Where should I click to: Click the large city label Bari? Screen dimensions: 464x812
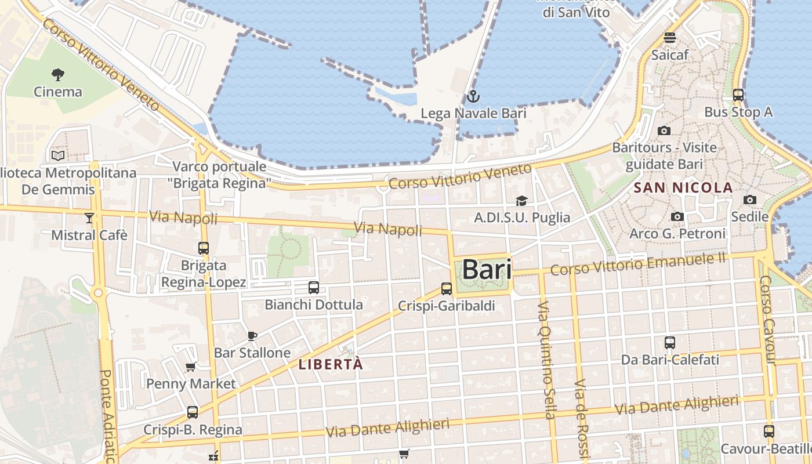[487, 270]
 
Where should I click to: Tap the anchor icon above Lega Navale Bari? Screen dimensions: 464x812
[473, 96]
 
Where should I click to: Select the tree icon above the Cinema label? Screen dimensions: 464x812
[57, 74]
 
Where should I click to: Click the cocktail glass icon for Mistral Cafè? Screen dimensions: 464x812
[89, 218]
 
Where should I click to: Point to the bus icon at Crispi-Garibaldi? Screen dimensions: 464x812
[446, 288]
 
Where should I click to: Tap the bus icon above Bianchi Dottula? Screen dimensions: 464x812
[313, 287]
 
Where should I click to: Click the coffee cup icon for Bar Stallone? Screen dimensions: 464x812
[252, 336]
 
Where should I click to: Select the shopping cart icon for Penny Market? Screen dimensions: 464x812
[190, 367]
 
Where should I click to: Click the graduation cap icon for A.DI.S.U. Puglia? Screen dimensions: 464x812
[521, 201]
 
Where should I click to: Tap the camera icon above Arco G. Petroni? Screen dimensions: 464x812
[677, 216]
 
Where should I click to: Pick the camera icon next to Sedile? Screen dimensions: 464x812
[749, 200]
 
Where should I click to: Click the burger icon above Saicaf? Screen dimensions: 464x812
[670, 38]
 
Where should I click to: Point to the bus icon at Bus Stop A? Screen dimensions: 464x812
[738, 95]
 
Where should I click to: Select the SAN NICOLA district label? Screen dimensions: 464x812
[684, 188]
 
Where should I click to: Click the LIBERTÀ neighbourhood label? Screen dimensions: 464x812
[331, 365]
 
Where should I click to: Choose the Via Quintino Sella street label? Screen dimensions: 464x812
[546, 360]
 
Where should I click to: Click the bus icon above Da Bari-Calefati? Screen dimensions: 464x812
[670, 342]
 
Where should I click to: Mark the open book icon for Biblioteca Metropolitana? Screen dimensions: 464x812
[58, 155]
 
